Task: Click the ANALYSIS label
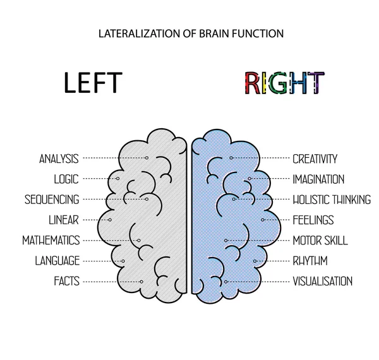click(x=58, y=159)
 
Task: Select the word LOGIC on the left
click(x=66, y=179)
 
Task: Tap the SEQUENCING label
click(x=52, y=200)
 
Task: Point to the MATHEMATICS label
click(x=51, y=241)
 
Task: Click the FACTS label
click(x=66, y=282)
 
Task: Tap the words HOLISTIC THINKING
click(x=332, y=200)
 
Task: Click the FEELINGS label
click(x=313, y=220)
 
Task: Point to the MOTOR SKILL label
click(x=320, y=241)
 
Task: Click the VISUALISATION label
click(x=322, y=282)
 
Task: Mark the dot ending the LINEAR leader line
click(x=109, y=220)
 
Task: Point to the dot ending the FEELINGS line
click(x=263, y=220)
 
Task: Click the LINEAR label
click(x=63, y=220)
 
